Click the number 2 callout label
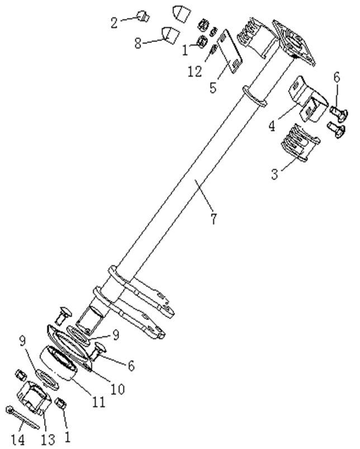[x=114, y=23]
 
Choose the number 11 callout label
[x=98, y=401]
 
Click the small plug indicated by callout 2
[x=141, y=16]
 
